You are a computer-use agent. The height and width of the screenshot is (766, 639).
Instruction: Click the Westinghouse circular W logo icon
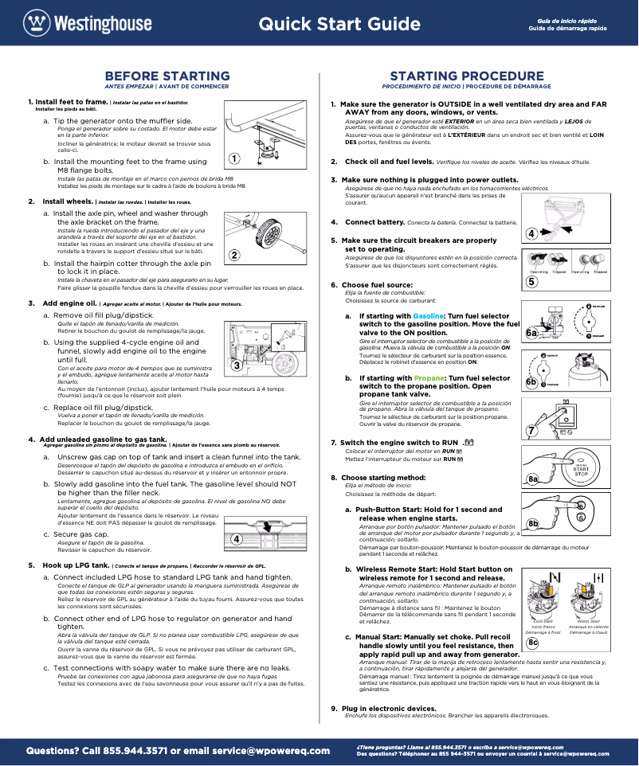(x=36, y=22)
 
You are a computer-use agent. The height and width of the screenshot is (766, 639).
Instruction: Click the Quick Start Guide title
(x=339, y=24)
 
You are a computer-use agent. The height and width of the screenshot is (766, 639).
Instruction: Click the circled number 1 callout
(x=234, y=158)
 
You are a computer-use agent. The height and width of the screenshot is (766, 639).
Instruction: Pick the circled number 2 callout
(x=234, y=256)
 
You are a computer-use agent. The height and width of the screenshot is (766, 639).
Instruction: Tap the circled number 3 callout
(x=237, y=365)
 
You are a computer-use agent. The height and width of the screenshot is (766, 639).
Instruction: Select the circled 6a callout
(x=531, y=332)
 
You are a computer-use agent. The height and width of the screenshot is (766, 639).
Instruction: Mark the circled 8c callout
(x=532, y=643)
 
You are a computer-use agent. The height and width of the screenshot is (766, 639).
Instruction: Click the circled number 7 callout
(x=531, y=431)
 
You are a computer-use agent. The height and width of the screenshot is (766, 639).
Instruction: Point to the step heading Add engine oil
(x=71, y=303)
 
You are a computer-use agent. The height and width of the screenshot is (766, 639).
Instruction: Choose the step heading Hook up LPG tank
(x=76, y=565)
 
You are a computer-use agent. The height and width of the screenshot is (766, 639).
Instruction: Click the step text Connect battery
(x=377, y=222)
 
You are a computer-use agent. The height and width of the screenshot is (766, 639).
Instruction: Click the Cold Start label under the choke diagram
(x=543, y=621)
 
